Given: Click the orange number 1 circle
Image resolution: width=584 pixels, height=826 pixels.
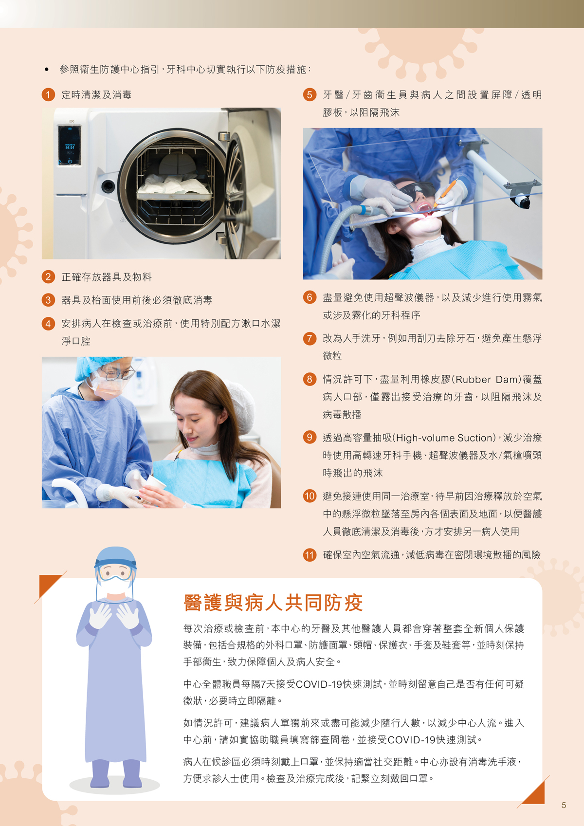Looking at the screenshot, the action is coord(48,95).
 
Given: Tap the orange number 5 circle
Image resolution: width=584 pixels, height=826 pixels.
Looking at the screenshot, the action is coord(310,95).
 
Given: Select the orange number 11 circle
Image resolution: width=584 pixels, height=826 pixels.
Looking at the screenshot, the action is coord(310,555).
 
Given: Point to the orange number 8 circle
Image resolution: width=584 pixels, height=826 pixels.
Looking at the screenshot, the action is coord(310,379).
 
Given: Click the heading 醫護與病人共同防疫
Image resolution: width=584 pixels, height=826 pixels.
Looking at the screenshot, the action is coord(273,603).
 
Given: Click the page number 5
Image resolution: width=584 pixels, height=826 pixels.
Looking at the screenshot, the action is coord(564,806).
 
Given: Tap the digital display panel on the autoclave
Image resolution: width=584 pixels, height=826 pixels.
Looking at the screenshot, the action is coord(69,145).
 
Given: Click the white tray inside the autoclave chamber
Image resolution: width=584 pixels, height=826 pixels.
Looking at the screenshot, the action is coord(174,192).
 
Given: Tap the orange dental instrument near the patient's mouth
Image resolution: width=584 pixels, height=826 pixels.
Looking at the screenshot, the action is coord(446,192).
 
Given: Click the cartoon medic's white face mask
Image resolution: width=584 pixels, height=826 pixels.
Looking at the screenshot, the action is coord(115,585).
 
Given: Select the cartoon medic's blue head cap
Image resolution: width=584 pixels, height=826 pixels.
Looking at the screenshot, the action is coord(115,557).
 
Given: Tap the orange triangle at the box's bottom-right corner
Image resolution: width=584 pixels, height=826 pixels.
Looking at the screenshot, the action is coord(536,793).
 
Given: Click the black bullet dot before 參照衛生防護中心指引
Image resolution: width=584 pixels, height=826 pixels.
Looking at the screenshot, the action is coord(46,69).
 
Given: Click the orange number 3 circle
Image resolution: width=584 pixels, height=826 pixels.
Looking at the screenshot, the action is coord(48,300).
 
